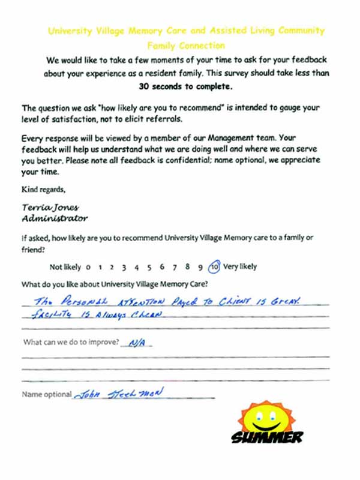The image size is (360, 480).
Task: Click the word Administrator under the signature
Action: (55, 218)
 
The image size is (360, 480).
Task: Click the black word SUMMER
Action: (267, 437)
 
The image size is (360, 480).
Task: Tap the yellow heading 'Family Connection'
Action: (185, 45)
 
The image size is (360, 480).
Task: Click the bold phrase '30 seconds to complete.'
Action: (185, 86)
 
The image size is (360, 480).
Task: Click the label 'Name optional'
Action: (46, 395)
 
